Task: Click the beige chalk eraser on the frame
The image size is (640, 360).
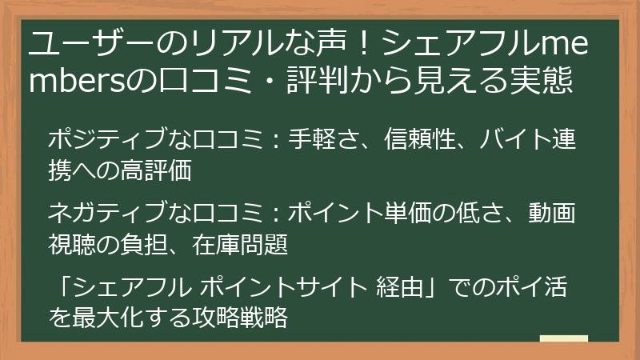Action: [x=564, y=339]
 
